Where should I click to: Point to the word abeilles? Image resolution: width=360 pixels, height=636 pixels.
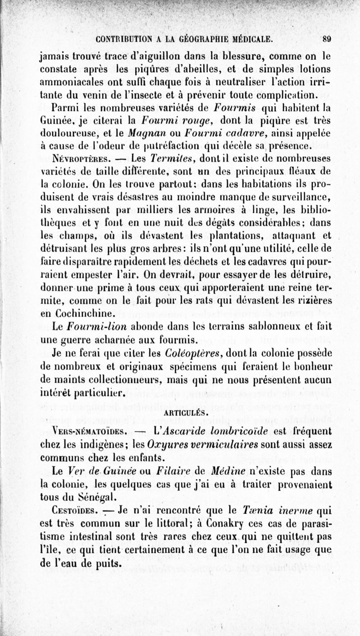pos(212,70)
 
